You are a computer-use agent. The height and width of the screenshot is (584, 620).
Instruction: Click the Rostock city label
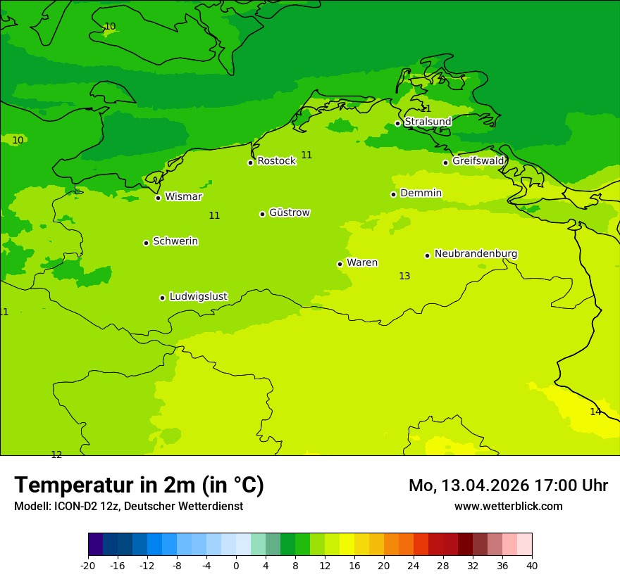pyautogui.click(x=276, y=161)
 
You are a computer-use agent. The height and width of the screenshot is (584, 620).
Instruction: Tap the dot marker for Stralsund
pyautogui.click(x=397, y=123)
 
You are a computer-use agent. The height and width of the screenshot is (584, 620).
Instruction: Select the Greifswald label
pyautogui.click(x=478, y=161)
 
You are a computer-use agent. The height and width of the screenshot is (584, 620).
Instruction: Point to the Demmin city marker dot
pyautogui.click(x=393, y=194)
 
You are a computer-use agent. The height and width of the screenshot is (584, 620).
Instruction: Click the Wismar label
pyautogui.click(x=183, y=197)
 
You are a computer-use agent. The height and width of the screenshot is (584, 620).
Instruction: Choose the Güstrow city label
pyautogui.click(x=289, y=212)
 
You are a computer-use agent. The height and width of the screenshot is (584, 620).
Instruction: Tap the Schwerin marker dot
pyautogui.click(x=146, y=243)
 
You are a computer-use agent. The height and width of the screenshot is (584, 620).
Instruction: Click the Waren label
pyautogui.click(x=361, y=263)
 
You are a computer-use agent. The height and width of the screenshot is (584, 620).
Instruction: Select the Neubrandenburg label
pyautogui.click(x=476, y=254)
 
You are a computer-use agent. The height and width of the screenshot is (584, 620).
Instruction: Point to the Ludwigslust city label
pyautogui.click(x=198, y=297)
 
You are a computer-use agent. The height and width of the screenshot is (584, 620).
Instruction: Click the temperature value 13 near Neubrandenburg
pyautogui.click(x=404, y=277)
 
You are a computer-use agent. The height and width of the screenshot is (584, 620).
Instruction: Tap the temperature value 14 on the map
pyautogui.click(x=595, y=412)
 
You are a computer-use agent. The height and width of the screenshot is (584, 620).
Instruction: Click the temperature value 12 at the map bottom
pyautogui.click(x=56, y=455)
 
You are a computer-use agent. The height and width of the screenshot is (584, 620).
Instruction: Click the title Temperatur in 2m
pyautogui.click(x=139, y=485)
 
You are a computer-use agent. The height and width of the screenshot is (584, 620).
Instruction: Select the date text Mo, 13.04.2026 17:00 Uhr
pyautogui.click(x=508, y=485)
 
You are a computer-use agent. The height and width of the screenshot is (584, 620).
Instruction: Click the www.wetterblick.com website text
pyautogui.click(x=508, y=507)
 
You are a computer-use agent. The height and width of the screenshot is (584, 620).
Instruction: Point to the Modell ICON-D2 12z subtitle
pyautogui.click(x=128, y=507)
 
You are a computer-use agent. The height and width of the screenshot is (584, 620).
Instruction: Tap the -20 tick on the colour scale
pyautogui.click(x=88, y=566)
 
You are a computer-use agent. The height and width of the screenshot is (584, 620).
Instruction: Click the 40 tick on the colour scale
pyautogui.click(x=532, y=566)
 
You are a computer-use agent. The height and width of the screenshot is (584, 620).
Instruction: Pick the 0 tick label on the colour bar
pyautogui.click(x=236, y=566)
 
